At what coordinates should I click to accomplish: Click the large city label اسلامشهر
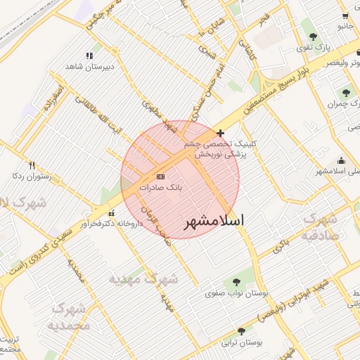(214, 221)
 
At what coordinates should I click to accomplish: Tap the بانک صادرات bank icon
(160, 176)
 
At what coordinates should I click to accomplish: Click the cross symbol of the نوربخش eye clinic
(221, 133)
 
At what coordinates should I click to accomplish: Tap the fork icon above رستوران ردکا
(32, 165)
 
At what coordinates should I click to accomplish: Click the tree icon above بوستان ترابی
(242, 330)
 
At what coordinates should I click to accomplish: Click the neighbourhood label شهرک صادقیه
(322, 227)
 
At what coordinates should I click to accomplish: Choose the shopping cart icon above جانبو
(345, 15)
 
